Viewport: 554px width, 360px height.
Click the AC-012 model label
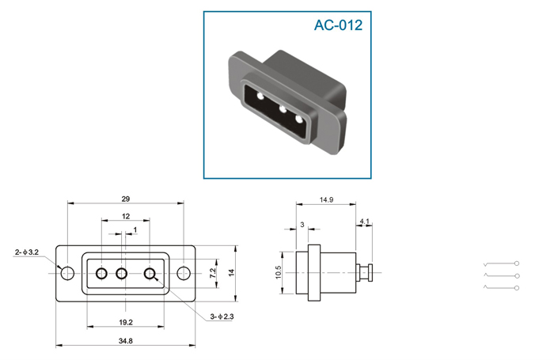pyautogui.click(x=338, y=25)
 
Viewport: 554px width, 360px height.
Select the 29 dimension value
pyautogui.click(x=125, y=199)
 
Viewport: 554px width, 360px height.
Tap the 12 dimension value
pyautogui.click(x=126, y=216)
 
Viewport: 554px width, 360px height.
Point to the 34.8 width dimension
pyautogui.click(x=125, y=341)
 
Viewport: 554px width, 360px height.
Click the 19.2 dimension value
pyautogui.click(x=126, y=322)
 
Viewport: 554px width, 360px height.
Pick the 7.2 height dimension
pyautogui.click(x=213, y=273)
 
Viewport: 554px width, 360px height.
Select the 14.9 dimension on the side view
pyautogui.click(x=326, y=200)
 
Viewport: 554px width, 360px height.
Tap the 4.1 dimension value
pyautogui.click(x=364, y=222)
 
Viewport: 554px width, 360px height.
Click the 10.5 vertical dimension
pyautogui.click(x=279, y=272)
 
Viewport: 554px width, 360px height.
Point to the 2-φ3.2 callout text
pyautogui.click(x=27, y=252)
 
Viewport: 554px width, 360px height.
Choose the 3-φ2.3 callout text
pyautogui.click(x=222, y=316)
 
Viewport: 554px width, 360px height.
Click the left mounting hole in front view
pyautogui.click(x=67, y=273)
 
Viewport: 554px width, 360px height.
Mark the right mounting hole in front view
pyautogui.click(x=184, y=273)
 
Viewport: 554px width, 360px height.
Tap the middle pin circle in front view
pyautogui.click(x=122, y=274)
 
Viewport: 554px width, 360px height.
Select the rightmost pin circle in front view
pyautogui.click(x=150, y=274)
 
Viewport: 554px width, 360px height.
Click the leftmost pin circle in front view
pyautogui.click(x=102, y=274)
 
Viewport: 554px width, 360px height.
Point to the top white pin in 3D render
pyautogui.click(x=260, y=96)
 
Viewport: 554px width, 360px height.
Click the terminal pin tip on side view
pyautogui.click(x=370, y=273)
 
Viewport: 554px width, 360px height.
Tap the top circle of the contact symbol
pyautogui.click(x=517, y=263)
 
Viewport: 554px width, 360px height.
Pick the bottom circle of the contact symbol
pyautogui.click(x=517, y=288)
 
